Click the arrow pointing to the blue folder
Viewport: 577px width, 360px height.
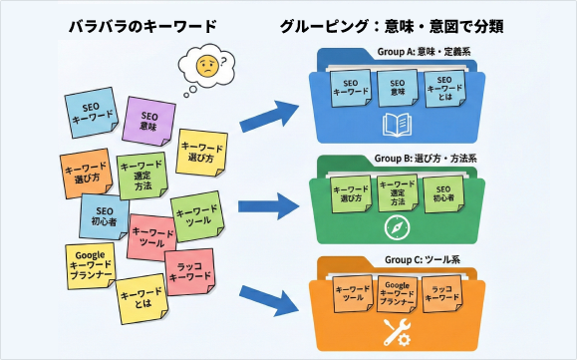268,116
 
